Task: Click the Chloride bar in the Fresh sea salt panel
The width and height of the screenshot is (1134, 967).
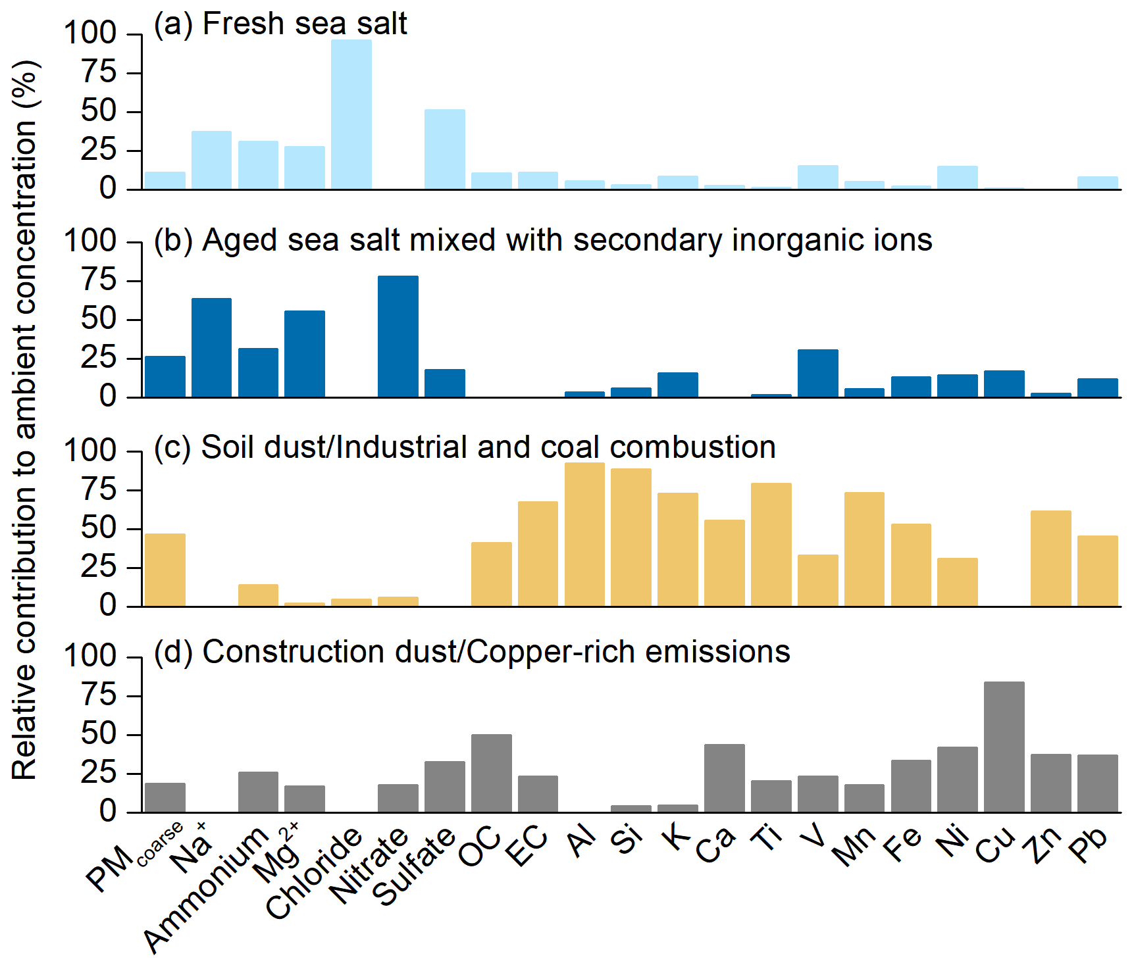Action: click(351, 114)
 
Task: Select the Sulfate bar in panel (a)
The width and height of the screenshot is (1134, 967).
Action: click(444, 149)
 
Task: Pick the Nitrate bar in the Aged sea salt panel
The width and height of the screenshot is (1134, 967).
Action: click(398, 336)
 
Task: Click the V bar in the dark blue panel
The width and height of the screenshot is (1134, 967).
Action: click(817, 373)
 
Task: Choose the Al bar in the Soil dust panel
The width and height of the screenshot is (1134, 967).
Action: click(584, 534)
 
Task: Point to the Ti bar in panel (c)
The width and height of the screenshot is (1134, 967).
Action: click(771, 544)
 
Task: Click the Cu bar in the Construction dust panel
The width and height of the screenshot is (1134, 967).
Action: click(1004, 747)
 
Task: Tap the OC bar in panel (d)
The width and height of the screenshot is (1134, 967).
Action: click(491, 773)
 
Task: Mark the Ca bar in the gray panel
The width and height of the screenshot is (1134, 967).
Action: click(724, 778)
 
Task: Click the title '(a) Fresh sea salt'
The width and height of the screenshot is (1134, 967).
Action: click(280, 24)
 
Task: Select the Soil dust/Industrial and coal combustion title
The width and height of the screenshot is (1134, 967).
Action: click(465, 447)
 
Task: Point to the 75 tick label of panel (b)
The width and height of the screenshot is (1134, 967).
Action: click(99, 280)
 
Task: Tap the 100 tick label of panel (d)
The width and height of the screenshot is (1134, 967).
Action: click(90, 656)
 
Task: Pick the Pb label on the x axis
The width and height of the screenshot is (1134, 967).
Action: click(1089, 846)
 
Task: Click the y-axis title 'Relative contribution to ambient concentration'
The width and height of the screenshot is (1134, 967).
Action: click(25, 421)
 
